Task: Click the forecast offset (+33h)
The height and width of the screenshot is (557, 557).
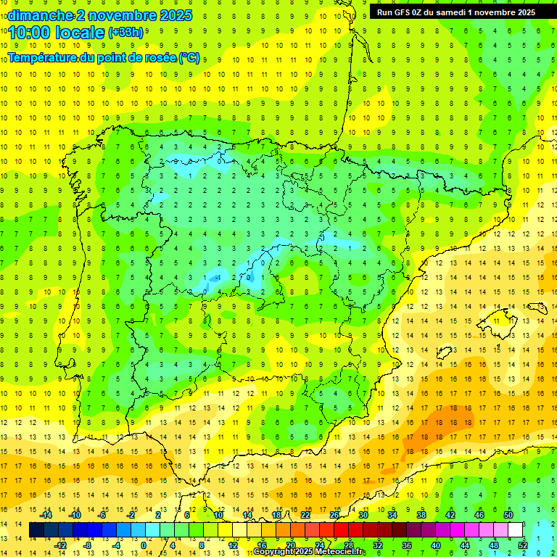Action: [x=126, y=33]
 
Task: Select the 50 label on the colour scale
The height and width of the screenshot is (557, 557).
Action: [x=508, y=515]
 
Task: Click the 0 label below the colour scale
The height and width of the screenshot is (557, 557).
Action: [x=144, y=545]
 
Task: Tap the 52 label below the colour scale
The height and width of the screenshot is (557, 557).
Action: [x=523, y=545]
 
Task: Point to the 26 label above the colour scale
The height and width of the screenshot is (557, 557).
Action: [x=334, y=515]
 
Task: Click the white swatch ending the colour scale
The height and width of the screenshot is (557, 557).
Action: [x=516, y=530]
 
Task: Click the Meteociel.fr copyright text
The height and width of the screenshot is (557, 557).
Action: [x=308, y=552]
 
